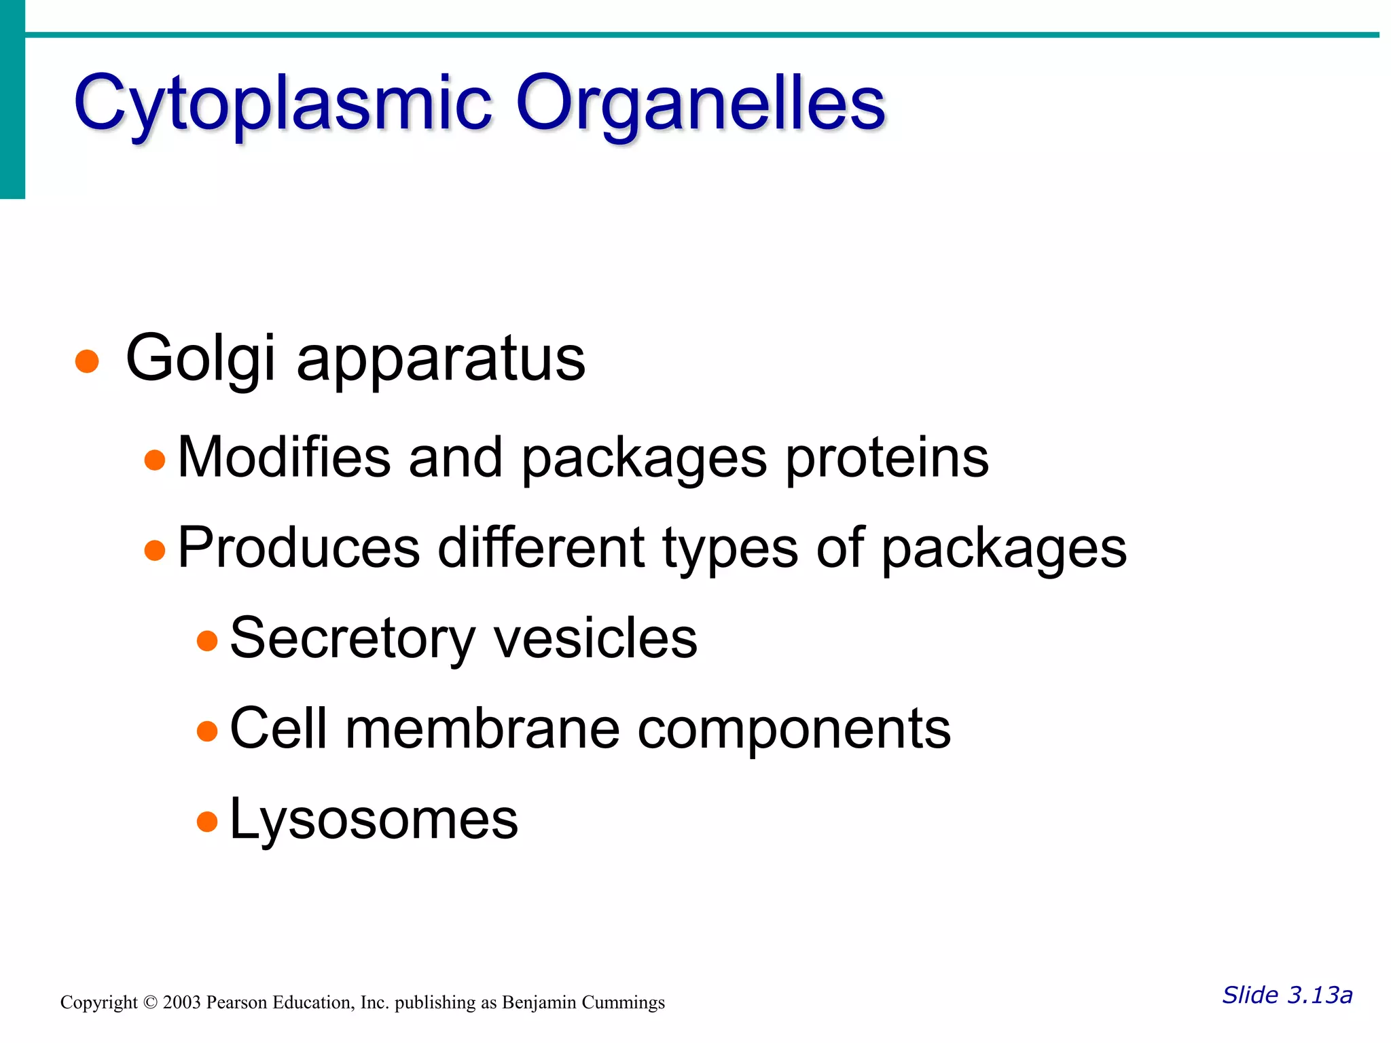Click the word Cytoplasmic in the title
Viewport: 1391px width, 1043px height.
pos(282,103)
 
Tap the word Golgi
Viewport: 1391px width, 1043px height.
pos(200,359)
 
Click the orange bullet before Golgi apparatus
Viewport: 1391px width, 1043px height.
pos(87,361)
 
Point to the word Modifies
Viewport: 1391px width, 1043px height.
pos(284,457)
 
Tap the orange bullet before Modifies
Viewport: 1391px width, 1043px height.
pos(155,460)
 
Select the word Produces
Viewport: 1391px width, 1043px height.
pos(299,548)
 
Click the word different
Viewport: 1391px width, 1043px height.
pos(541,547)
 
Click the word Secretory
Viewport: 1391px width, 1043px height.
pos(353,638)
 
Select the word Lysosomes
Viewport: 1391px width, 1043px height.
pos(374,819)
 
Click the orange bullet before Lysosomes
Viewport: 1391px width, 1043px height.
pos(206,822)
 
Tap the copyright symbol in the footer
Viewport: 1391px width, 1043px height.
pos(150,1003)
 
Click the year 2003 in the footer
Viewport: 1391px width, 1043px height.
pos(181,1003)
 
